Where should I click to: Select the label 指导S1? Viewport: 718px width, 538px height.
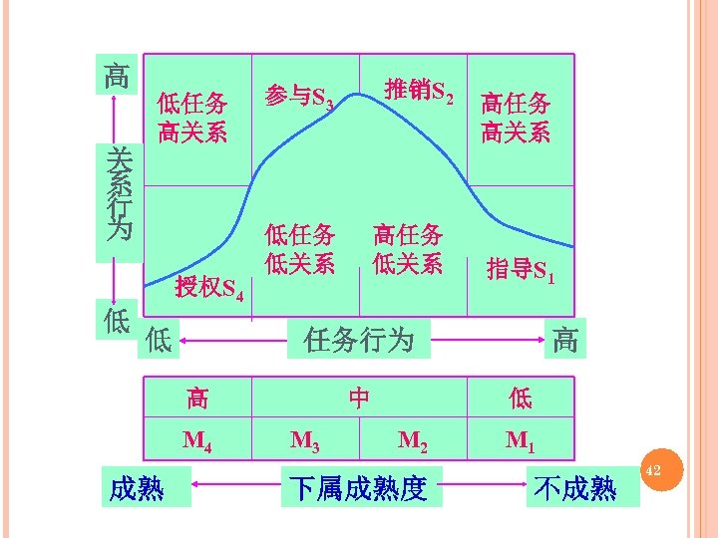(x=520, y=269)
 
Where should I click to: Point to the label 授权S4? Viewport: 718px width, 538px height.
(x=208, y=289)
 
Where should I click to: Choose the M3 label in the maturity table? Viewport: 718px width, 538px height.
(x=305, y=439)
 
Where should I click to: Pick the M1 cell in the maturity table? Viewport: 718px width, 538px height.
(x=520, y=439)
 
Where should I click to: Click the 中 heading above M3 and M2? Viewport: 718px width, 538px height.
(x=359, y=399)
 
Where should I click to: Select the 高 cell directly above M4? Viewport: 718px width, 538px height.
(x=197, y=400)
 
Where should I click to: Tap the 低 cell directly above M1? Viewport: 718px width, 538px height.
(x=520, y=400)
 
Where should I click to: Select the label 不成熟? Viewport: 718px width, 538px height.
(x=575, y=488)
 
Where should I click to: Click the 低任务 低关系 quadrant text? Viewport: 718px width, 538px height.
(x=299, y=250)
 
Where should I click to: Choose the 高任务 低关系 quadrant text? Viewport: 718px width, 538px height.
(x=408, y=250)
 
